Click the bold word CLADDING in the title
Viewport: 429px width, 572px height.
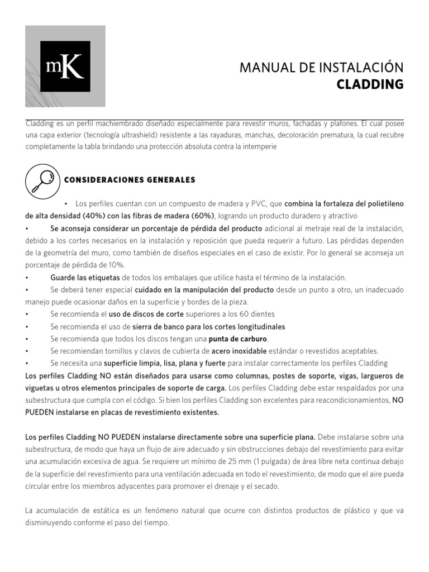(x=370, y=84)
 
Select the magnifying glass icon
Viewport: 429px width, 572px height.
(x=42, y=180)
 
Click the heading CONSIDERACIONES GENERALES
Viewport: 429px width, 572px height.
(x=130, y=180)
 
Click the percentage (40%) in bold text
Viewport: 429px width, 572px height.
(x=97, y=216)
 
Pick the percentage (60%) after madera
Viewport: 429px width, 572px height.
(x=201, y=216)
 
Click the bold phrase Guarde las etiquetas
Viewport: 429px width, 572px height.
(x=85, y=277)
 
